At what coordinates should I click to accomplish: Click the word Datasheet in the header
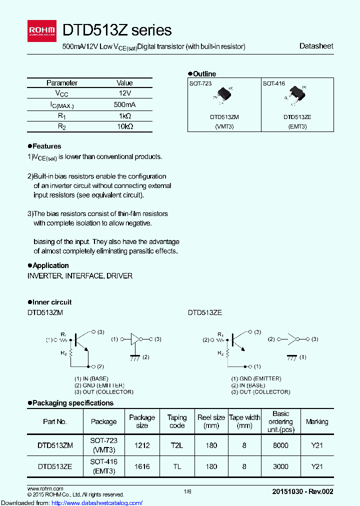316,46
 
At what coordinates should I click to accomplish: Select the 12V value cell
124,93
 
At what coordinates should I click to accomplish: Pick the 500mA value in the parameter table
124,104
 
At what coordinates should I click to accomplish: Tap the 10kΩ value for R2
124,126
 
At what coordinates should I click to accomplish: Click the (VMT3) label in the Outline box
224,126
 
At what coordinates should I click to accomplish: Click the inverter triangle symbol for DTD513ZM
135,339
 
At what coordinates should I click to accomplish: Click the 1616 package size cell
142,466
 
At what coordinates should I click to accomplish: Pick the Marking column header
317,421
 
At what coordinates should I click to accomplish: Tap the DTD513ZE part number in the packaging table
55,466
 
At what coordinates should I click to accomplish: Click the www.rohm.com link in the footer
45,488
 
